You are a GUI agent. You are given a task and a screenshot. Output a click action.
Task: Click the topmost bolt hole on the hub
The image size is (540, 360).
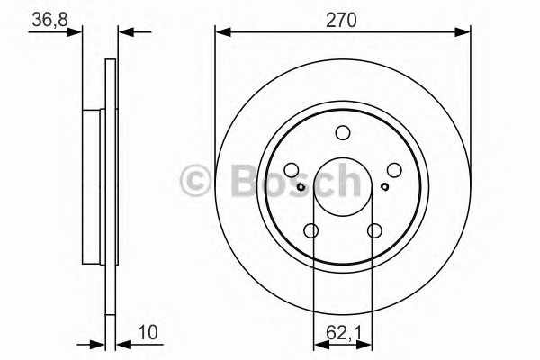[x=342, y=133]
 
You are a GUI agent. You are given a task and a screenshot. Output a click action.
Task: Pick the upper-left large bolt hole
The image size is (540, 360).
[x=291, y=170]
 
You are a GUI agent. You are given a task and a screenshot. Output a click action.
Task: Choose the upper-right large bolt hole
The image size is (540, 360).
[x=394, y=170]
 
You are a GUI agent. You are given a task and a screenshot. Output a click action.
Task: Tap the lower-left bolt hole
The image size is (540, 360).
[x=311, y=231]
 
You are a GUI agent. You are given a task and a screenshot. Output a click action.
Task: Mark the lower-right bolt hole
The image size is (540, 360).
[x=374, y=231]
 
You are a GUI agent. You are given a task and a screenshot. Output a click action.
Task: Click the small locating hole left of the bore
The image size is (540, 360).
[x=301, y=187]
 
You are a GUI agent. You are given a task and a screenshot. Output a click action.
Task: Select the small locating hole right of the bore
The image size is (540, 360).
[x=384, y=187]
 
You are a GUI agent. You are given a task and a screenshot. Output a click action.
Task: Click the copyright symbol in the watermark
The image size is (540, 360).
[x=196, y=181]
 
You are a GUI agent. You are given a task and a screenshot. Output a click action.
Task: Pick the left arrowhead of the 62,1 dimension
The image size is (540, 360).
[x=318, y=342]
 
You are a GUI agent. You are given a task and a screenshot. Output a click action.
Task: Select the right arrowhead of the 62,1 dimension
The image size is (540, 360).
[x=368, y=342]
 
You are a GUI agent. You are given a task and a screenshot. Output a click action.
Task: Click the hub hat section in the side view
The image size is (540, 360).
[x=94, y=186]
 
